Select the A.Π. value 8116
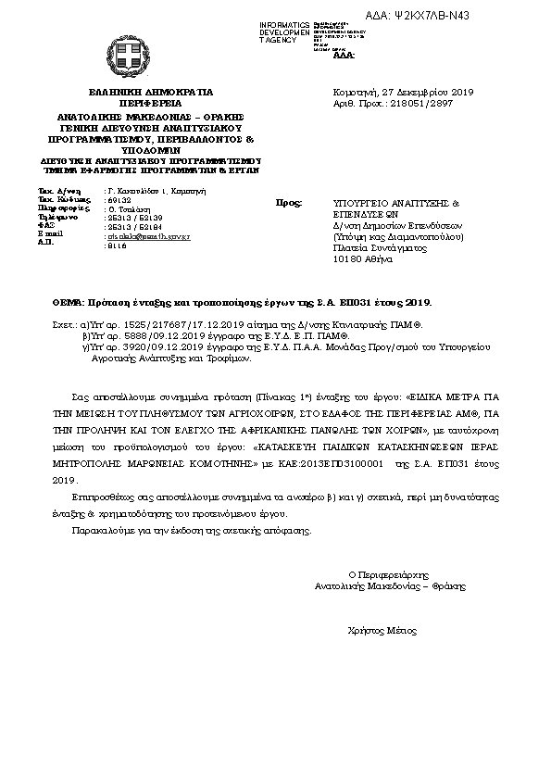pyautogui.click(x=118, y=245)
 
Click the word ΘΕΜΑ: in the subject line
pyautogui.click(x=68, y=303)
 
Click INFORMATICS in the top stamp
pyautogui.click(x=285, y=22)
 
